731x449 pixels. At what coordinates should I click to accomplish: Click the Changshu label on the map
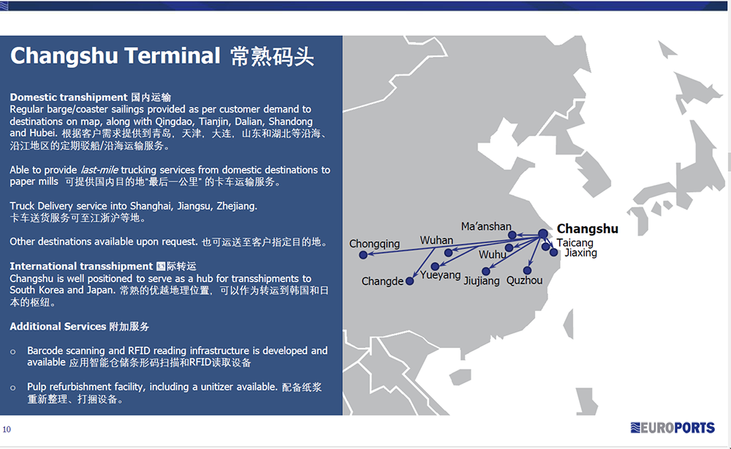point(588,229)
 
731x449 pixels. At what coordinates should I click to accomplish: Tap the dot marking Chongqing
point(363,255)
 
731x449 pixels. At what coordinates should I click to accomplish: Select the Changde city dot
point(410,281)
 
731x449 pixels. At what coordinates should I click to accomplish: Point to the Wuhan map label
point(436,240)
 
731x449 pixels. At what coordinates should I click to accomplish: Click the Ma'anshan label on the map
point(486,227)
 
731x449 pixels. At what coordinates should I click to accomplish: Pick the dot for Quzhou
point(527,271)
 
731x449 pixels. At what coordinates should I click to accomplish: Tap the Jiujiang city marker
point(486,271)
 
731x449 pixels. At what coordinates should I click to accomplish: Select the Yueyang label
point(440,275)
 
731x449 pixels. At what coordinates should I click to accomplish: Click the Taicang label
point(575,243)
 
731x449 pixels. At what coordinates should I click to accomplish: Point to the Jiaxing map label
point(580,253)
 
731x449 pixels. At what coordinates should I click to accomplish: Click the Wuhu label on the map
point(492,254)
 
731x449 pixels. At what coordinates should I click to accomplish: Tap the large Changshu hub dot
point(543,233)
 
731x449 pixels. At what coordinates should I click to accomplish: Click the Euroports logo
point(673,428)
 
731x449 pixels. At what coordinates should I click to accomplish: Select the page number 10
point(7,429)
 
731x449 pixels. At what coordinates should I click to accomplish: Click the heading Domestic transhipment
point(69,97)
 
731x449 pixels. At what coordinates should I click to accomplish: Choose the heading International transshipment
point(81,266)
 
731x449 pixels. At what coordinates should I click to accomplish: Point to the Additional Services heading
point(58,326)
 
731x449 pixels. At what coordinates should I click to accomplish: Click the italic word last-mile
point(99,170)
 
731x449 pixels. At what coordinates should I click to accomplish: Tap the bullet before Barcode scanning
point(13,352)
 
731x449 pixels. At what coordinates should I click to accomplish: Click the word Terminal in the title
point(172,56)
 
